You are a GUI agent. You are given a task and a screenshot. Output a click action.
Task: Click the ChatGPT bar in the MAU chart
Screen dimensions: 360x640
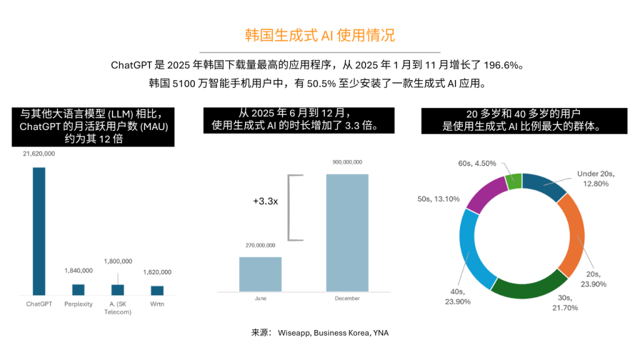[x=39, y=231]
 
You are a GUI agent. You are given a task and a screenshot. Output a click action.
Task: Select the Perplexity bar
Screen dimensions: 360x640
[x=78, y=289]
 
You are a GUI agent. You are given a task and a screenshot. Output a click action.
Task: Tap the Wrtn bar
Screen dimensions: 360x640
[x=157, y=290]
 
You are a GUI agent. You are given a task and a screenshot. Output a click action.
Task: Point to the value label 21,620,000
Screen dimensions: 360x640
[x=39, y=154]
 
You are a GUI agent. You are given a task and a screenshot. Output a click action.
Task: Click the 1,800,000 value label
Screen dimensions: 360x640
[x=117, y=261]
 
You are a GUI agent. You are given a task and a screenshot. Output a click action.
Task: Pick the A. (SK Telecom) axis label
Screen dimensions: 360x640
[x=117, y=307]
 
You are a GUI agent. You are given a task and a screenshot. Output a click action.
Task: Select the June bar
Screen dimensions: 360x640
[x=260, y=274]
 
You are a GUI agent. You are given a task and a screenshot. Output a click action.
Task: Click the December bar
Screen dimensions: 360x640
[x=347, y=232]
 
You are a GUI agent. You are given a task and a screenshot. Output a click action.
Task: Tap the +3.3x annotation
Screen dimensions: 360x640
[x=266, y=201]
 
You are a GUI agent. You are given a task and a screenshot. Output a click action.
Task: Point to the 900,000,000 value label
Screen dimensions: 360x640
[x=347, y=162]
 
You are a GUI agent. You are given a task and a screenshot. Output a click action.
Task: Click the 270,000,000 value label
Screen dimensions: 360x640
[x=260, y=246]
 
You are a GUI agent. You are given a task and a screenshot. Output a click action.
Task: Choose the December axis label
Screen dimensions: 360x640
[x=347, y=299]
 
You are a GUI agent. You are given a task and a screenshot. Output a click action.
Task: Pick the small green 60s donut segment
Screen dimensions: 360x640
[x=513, y=181]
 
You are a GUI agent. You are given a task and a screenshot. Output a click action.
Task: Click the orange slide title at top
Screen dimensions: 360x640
[x=319, y=35]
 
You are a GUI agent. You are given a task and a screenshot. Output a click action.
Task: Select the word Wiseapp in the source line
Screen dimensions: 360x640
[x=293, y=333]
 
